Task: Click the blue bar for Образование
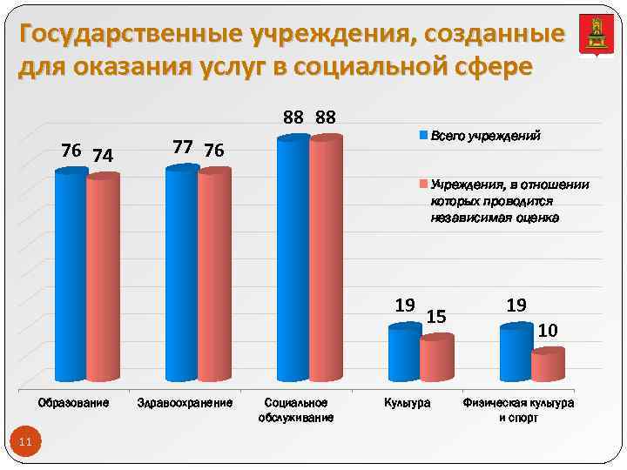pyautogui.click(x=71, y=276)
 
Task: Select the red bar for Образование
pyautogui.click(x=103, y=279)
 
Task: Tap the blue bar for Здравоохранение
pyautogui.click(x=182, y=273)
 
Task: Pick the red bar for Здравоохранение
pyautogui.click(x=214, y=276)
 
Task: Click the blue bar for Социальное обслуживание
pyautogui.click(x=293, y=259)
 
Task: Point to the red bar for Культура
pyautogui.click(x=436, y=359)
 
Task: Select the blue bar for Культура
pyautogui.click(x=404, y=353)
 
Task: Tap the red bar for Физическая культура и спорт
pyautogui.click(x=548, y=366)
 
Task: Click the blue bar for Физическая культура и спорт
pyautogui.click(x=516, y=353)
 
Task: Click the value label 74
pyautogui.click(x=103, y=156)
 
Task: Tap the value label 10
pyautogui.click(x=548, y=330)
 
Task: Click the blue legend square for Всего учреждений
pyautogui.click(x=424, y=137)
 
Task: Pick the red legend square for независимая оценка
pyautogui.click(x=424, y=185)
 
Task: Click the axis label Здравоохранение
pyautogui.click(x=185, y=404)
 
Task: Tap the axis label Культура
pyautogui.click(x=408, y=404)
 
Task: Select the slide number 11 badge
pyautogui.click(x=24, y=442)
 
